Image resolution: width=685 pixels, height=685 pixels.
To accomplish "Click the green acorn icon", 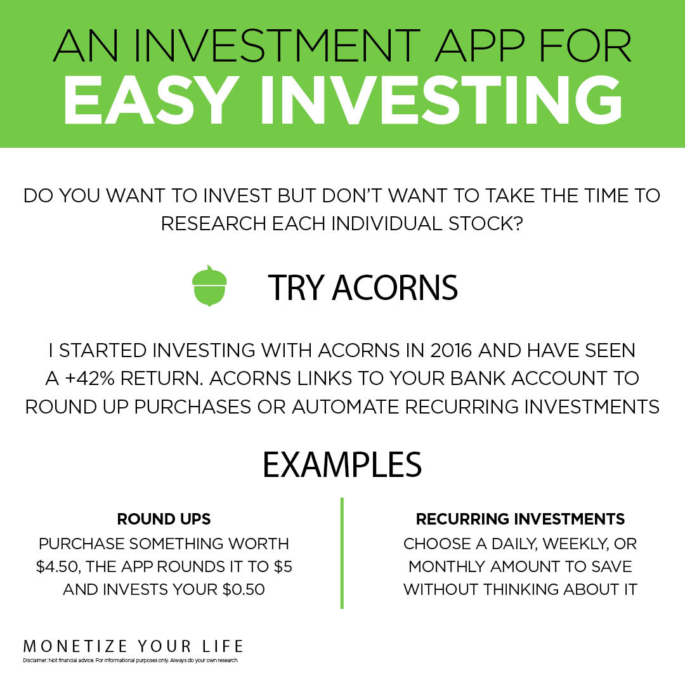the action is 209,286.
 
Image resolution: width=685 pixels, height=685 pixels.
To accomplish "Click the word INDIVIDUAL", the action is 387,224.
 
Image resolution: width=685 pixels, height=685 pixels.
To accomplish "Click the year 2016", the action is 451,350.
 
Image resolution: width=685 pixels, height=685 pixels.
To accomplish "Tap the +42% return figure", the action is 89,378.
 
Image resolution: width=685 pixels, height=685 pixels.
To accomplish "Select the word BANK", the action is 478,378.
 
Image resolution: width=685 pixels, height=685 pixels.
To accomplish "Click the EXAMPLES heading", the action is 342,464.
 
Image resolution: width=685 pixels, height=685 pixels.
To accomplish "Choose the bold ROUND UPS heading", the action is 164,519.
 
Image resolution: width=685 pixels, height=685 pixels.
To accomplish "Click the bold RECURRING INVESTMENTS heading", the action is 520,519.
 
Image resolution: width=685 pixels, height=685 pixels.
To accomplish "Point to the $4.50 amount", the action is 58,566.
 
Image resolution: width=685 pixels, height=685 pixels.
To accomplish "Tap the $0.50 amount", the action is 244,589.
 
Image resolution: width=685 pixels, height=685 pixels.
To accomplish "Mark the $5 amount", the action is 283,566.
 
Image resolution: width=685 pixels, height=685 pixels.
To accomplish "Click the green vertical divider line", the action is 342,552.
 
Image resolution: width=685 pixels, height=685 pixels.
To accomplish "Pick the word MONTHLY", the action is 447,566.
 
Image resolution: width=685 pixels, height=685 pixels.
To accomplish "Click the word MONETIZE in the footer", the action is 75,646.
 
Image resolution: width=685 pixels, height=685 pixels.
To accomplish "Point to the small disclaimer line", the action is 131,660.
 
